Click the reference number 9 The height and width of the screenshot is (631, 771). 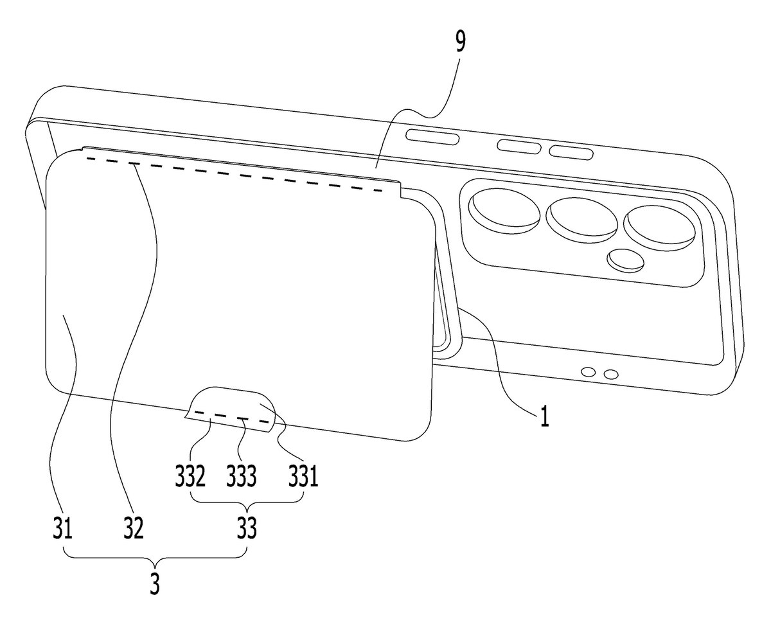click(461, 43)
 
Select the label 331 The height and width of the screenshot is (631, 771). click(303, 476)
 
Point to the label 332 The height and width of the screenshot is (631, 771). click(190, 476)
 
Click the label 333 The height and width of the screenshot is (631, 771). click(242, 476)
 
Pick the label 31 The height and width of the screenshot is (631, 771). click(62, 528)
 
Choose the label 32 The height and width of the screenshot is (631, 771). click(134, 528)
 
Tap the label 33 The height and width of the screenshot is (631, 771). click(247, 528)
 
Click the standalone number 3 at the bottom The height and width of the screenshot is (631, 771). click(155, 584)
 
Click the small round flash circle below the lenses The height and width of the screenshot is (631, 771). click(625, 261)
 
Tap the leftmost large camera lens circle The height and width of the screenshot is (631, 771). click(504, 211)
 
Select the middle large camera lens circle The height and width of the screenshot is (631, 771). click(582, 220)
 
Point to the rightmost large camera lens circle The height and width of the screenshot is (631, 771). click(659, 228)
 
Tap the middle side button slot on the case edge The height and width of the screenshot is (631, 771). click(518, 146)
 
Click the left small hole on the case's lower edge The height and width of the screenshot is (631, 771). click(589, 373)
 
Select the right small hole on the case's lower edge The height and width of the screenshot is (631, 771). click(611, 375)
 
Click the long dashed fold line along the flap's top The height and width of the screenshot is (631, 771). click(234, 174)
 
